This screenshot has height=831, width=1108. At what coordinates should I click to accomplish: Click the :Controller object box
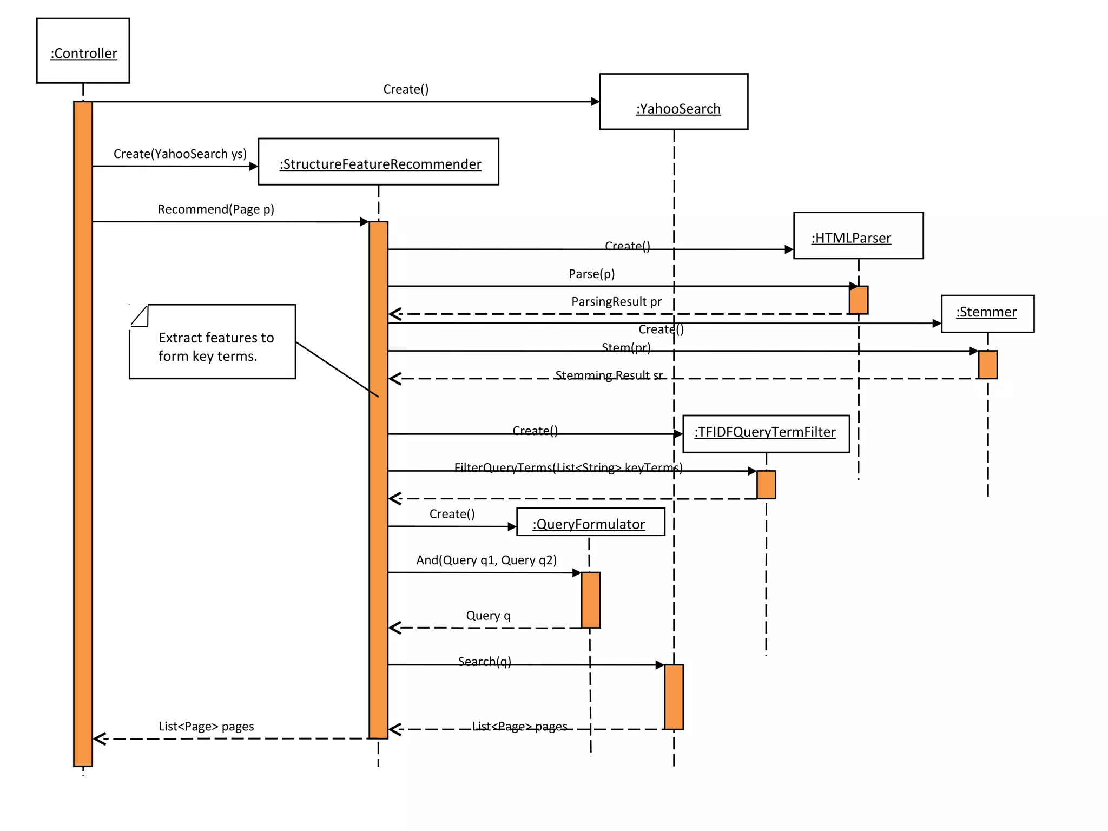(83, 51)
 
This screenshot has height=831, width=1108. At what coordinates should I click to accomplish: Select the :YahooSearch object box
(674, 102)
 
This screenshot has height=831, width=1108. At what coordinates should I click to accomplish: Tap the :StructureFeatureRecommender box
(378, 162)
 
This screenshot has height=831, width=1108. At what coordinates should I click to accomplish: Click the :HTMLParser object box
(858, 236)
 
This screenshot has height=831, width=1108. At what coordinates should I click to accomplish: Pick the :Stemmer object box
(987, 314)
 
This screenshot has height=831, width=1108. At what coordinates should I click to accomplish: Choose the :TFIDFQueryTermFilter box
(766, 434)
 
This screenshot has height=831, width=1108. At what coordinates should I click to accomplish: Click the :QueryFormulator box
(590, 522)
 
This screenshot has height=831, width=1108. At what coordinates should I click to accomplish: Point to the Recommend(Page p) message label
(216, 209)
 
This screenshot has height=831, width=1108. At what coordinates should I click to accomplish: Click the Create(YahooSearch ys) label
(180, 154)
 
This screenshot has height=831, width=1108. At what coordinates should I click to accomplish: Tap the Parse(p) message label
(591, 274)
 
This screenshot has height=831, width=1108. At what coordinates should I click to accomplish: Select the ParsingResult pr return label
(616, 302)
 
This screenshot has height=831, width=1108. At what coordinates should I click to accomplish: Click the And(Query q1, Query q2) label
(486, 560)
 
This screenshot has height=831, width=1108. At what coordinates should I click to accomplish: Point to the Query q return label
(488, 616)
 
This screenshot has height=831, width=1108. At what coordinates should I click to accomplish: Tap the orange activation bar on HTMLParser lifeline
(858, 300)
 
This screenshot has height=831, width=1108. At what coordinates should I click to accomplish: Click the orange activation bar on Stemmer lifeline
(987, 365)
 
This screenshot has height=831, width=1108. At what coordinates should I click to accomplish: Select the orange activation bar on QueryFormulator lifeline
(590, 600)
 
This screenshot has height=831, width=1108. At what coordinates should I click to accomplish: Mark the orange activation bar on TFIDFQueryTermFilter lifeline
(766, 485)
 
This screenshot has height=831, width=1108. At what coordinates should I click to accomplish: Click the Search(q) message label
(484, 662)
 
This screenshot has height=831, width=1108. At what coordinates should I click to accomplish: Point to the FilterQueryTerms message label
(568, 467)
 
